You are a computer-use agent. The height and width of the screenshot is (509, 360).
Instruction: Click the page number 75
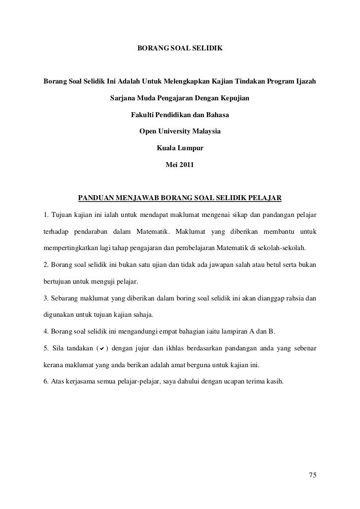point(312,475)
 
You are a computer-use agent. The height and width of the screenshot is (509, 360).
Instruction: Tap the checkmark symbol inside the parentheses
point(101,350)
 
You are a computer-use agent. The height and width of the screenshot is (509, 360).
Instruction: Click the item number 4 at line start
point(45,333)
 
